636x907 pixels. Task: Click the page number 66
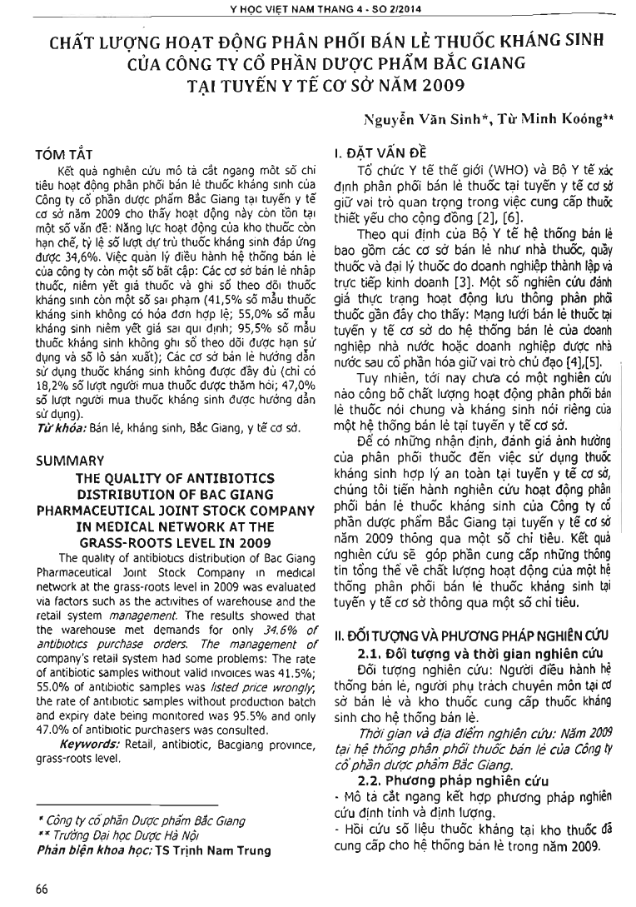pos(42,888)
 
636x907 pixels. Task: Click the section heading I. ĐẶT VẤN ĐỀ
pos(379,154)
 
